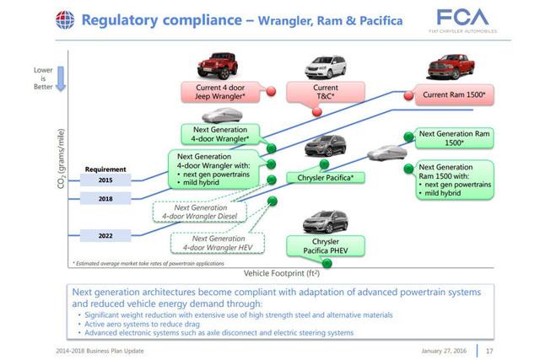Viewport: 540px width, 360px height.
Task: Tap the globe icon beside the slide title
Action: tap(64, 19)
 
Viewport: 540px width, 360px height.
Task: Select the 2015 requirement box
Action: tap(105, 180)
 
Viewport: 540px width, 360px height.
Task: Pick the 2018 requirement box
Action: tap(105, 199)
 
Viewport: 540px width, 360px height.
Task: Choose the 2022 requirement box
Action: tap(105, 234)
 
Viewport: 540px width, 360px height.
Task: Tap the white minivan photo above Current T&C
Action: tap(325, 67)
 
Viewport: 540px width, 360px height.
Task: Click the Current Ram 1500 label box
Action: tap(454, 94)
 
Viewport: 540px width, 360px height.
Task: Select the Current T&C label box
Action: tap(325, 93)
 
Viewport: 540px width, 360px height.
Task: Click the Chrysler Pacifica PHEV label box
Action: tap(325, 247)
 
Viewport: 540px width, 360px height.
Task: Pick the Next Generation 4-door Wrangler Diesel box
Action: tap(200, 211)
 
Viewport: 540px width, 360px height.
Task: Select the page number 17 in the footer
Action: tap(489, 350)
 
